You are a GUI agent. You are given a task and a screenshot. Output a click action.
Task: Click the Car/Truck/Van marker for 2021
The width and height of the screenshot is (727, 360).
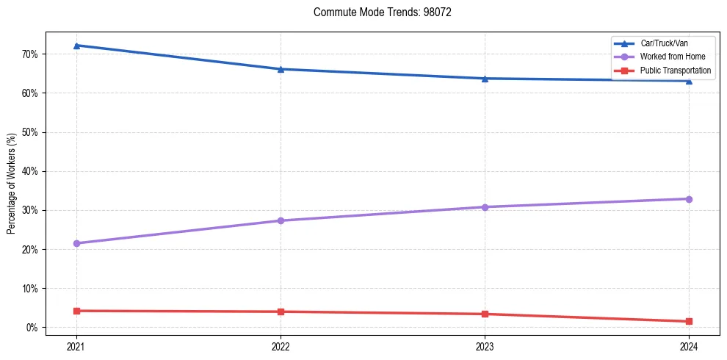pyautogui.click(x=76, y=46)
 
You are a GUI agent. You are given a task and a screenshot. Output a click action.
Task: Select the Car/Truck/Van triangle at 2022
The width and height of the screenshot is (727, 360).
pyautogui.click(x=281, y=69)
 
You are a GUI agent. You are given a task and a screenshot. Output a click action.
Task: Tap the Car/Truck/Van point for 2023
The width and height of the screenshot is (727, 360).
pyautogui.click(x=485, y=79)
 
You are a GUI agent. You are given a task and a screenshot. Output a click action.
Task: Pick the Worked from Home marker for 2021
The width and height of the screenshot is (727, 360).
pyautogui.click(x=76, y=243)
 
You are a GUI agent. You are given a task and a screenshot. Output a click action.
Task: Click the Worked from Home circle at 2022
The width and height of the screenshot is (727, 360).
pyautogui.click(x=281, y=220)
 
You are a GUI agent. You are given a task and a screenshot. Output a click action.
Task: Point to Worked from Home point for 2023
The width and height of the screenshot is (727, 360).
pyautogui.click(x=485, y=207)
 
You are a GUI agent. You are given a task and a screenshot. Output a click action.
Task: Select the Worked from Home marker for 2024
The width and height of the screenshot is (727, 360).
pyautogui.click(x=689, y=199)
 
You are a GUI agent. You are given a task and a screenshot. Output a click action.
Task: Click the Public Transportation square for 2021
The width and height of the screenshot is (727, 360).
pyautogui.click(x=76, y=311)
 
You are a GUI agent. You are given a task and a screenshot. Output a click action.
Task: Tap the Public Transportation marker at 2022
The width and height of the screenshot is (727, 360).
pyautogui.click(x=281, y=312)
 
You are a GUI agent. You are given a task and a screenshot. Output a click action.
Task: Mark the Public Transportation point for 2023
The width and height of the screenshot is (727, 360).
pyautogui.click(x=485, y=314)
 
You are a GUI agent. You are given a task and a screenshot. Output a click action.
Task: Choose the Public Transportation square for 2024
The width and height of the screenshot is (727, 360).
pyautogui.click(x=689, y=321)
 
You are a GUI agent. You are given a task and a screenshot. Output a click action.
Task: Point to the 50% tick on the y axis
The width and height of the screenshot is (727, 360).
pyautogui.click(x=30, y=132)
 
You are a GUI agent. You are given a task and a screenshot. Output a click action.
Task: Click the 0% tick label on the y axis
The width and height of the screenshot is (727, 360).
pyautogui.click(x=32, y=328)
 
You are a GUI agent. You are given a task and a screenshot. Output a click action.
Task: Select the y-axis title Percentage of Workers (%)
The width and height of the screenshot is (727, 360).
pyautogui.click(x=11, y=184)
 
